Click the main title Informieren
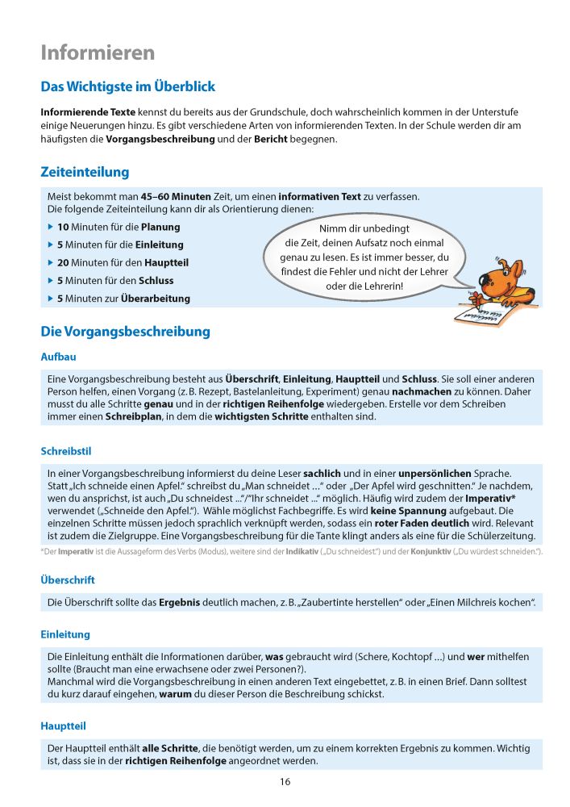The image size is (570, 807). [98, 53]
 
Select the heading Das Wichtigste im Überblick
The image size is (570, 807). [127, 86]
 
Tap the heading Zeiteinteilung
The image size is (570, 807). [85, 172]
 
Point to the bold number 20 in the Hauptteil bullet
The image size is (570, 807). [64, 263]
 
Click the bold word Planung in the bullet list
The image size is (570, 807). [160, 228]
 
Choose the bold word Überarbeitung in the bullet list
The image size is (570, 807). [156, 299]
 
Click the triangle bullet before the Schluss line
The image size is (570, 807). [51, 281]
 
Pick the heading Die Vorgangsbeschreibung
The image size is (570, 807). [125, 331]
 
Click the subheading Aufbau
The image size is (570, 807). [58, 356]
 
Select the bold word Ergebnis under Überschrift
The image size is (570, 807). [181, 603]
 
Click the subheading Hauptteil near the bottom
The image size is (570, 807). [63, 725]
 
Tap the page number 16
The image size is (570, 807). [285, 781]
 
